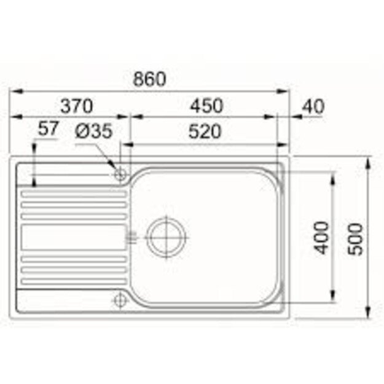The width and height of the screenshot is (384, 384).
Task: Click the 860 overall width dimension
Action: (150, 79)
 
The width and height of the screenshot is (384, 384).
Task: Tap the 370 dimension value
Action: (76, 106)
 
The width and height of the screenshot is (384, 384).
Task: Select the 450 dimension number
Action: (206, 106)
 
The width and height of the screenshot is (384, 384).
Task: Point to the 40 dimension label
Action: (313, 106)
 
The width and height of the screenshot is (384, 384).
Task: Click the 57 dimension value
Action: (47, 129)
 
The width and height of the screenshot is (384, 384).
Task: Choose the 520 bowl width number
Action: (206, 131)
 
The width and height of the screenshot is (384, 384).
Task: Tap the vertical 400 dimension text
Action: (323, 236)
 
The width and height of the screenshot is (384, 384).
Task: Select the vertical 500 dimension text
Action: (356, 237)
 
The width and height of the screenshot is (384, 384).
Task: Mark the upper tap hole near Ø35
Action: (120, 174)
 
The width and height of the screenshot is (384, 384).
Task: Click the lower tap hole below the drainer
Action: (120, 299)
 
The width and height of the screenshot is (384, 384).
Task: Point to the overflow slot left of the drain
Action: (130, 236)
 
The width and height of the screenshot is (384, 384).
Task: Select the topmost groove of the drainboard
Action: (74, 194)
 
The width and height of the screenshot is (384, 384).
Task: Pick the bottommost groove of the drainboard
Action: (74, 281)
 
